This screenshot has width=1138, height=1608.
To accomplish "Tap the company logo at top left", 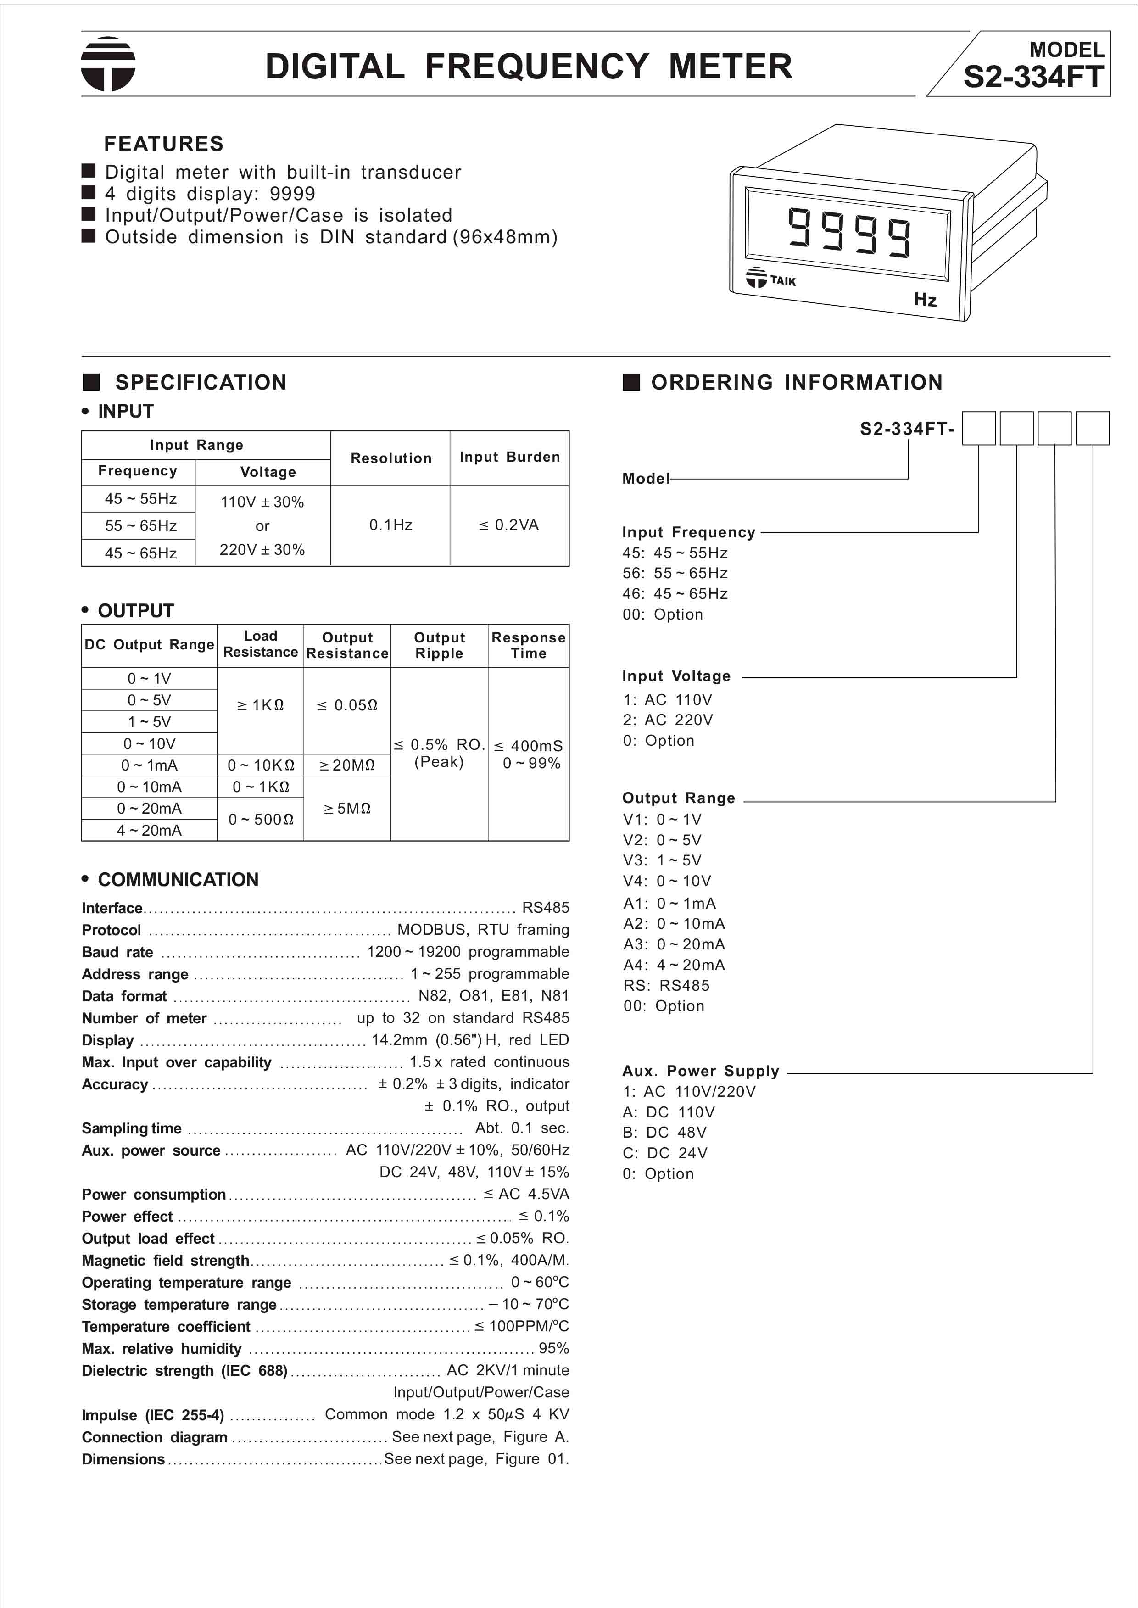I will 108,64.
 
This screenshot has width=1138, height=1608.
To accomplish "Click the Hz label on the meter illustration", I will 925,300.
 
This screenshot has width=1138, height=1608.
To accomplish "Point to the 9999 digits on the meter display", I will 849,231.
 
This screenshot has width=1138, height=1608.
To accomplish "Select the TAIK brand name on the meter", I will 783,281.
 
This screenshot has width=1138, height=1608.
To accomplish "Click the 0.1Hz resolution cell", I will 390,525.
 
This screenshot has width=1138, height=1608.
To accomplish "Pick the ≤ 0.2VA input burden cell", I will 509,525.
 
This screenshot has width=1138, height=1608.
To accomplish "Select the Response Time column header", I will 528,645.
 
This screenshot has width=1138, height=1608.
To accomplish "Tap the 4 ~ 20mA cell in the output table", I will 149,830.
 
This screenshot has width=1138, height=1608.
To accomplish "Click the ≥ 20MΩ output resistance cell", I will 347,765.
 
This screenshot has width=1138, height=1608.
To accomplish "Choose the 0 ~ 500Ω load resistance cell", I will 261,819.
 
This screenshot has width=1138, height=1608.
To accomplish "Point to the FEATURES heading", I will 163,144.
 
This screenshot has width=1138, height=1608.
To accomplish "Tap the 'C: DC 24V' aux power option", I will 664,1153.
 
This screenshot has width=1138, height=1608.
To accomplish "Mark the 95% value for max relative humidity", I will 553,1348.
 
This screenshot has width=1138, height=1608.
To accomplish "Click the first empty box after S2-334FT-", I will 978,428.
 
